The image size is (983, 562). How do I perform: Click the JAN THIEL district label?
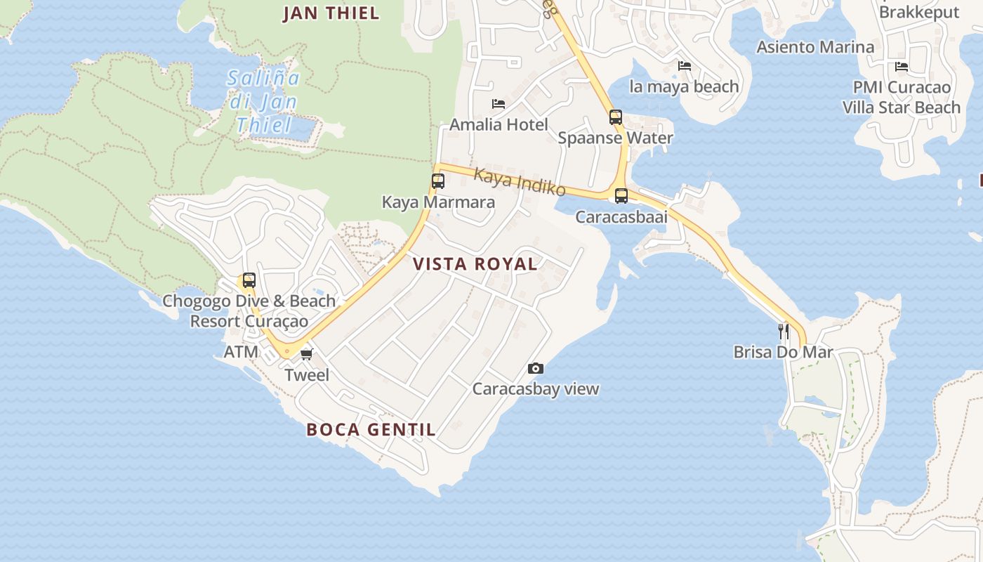click(331, 13)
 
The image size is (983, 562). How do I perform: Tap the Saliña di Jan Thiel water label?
click(263, 101)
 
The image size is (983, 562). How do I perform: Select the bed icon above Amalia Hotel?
click(499, 104)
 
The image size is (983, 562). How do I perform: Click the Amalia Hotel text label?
click(499, 124)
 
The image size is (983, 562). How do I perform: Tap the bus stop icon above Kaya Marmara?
click(438, 181)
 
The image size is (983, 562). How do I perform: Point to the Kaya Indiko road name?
click(520, 181)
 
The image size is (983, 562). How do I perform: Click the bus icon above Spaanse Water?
click(616, 117)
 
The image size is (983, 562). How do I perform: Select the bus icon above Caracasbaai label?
click(621, 196)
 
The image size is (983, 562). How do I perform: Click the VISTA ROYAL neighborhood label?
click(475, 264)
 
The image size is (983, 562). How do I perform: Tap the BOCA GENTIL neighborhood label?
click(371, 429)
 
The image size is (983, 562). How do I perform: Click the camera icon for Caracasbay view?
click(535, 368)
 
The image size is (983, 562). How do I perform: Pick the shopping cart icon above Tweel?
click(306, 354)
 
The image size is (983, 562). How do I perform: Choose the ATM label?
click(241, 352)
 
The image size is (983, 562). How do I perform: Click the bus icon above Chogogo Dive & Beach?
click(249, 280)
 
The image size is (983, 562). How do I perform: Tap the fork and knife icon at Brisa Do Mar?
click(784, 331)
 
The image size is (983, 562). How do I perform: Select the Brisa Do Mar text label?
click(783, 352)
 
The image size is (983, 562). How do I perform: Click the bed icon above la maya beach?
click(685, 66)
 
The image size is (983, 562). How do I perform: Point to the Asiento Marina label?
click(815, 47)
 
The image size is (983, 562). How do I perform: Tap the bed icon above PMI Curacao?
click(902, 67)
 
